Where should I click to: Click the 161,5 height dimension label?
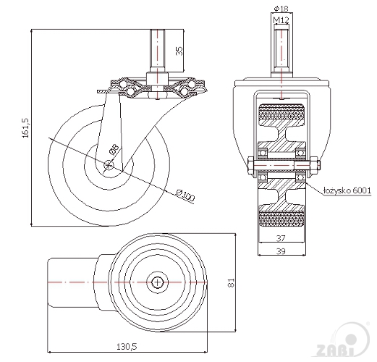click(x=26, y=128)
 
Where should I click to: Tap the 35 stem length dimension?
click(x=179, y=51)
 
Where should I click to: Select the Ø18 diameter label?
click(x=281, y=9)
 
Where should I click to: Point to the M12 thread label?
click(x=281, y=20)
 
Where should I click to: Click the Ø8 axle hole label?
click(x=114, y=149)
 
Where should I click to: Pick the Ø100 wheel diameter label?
click(x=185, y=195)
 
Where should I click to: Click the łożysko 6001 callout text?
click(x=347, y=190)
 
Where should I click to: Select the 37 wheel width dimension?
click(x=281, y=238)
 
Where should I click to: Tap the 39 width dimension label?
click(x=281, y=251)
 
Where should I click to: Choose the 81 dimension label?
click(x=231, y=283)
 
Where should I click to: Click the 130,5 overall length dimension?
click(x=127, y=347)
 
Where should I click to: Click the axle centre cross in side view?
click(x=109, y=165)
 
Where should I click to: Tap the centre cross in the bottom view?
click(x=158, y=282)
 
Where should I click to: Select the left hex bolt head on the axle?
click(x=250, y=165)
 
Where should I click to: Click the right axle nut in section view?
click(x=314, y=165)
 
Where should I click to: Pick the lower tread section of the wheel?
click(x=281, y=219)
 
